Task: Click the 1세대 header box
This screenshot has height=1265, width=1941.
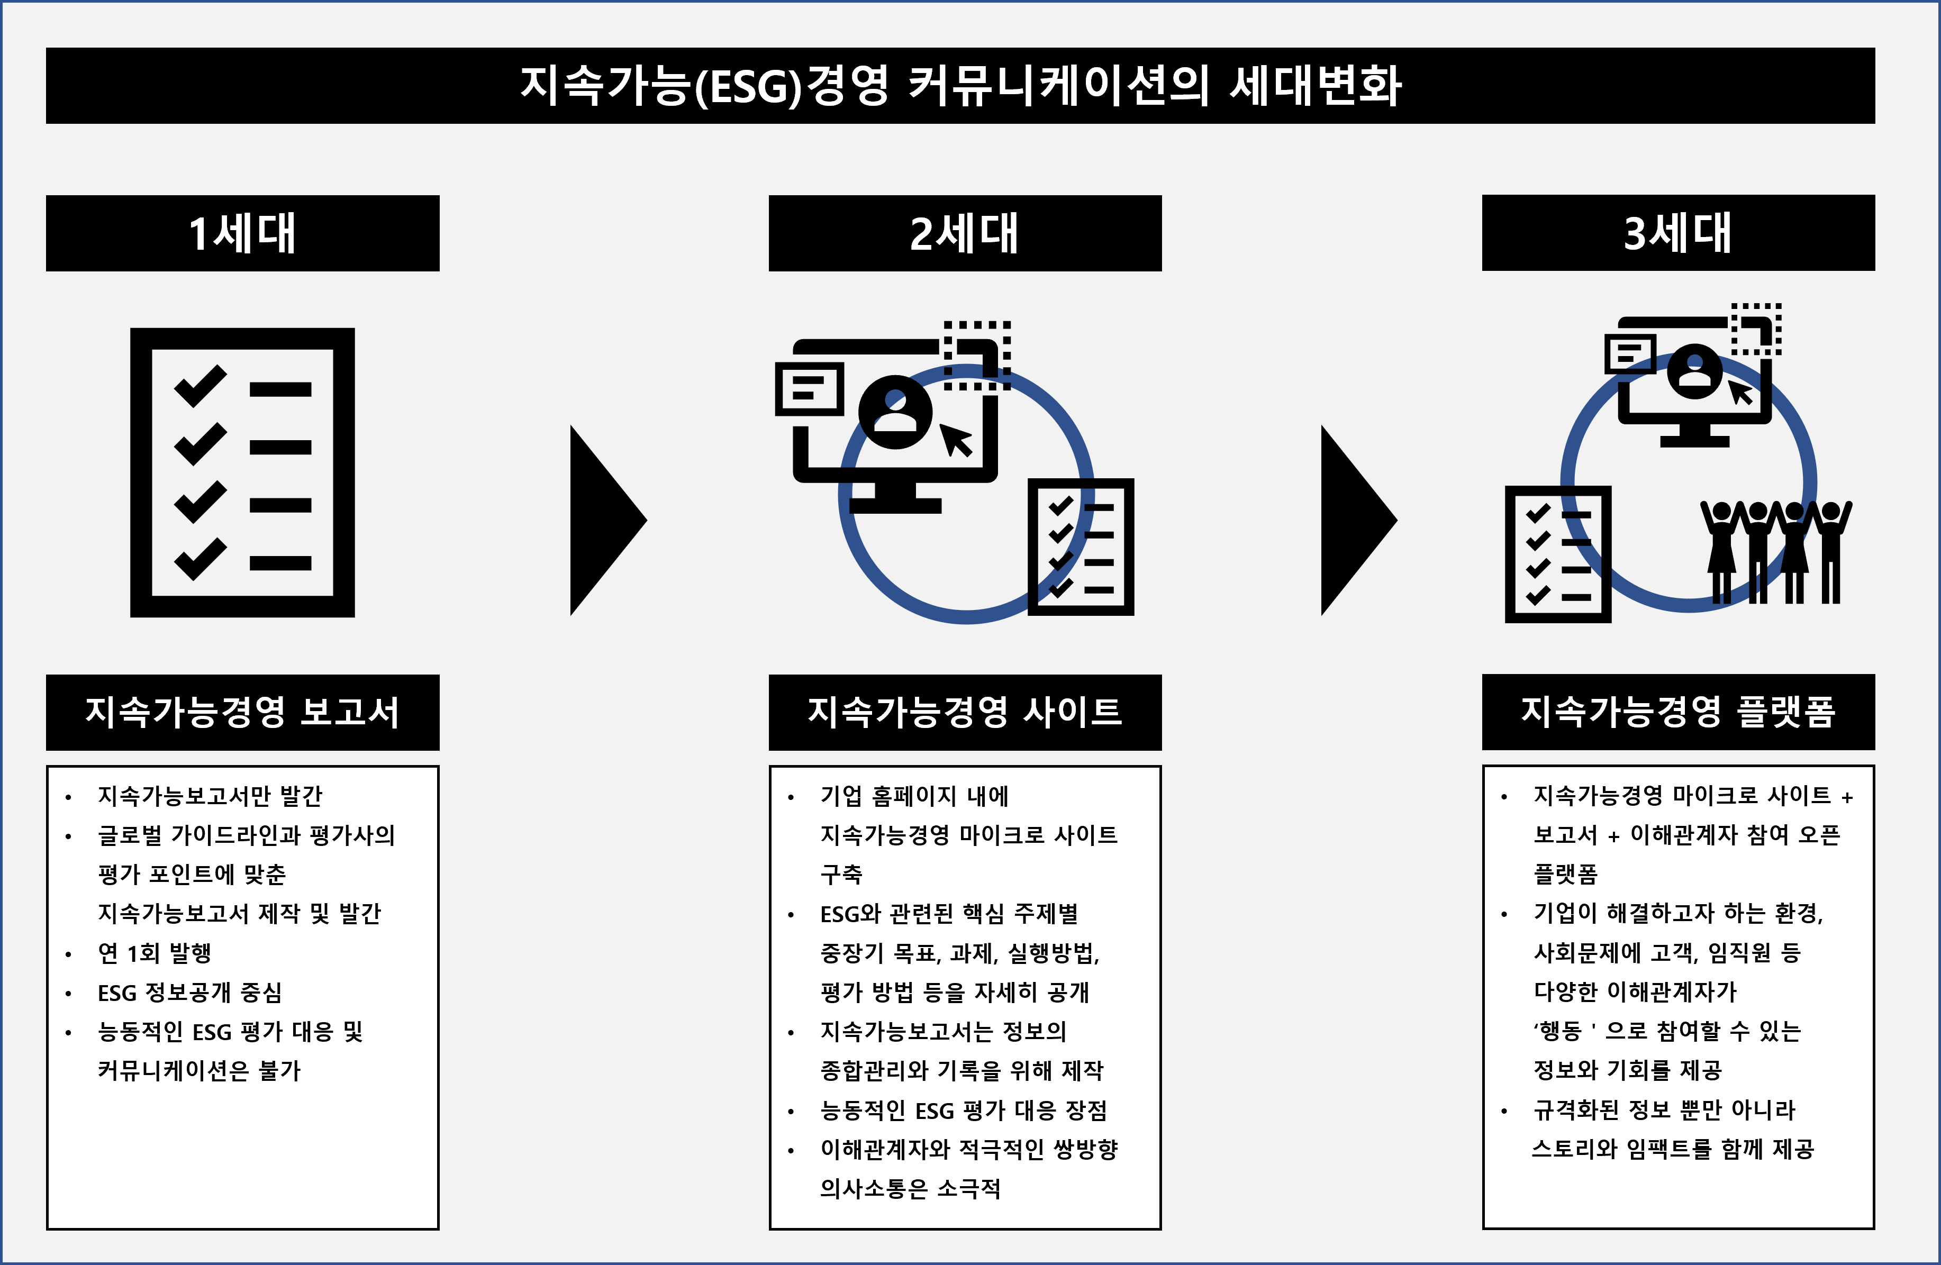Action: (x=242, y=233)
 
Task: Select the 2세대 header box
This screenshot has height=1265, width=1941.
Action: (x=965, y=233)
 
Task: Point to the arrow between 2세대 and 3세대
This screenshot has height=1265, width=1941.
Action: (x=1359, y=520)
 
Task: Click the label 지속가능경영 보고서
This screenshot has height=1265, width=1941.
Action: (x=242, y=712)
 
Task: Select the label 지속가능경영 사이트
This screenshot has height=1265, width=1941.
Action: (x=965, y=712)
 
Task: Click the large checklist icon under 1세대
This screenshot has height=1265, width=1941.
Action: (x=242, y=472)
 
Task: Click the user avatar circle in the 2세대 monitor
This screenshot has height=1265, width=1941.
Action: (x=895, y=412)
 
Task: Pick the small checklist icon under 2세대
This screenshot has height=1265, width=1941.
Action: (x=1081, y=547)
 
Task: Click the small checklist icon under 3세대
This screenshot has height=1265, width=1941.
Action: (x=1558, y=554)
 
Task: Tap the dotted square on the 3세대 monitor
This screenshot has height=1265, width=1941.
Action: (x=1756, y=330)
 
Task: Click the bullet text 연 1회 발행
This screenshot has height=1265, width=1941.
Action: (x=155, y=953)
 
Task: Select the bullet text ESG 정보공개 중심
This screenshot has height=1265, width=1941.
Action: (x=190, y=993)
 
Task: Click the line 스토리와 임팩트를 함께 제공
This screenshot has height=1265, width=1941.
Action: (x=1673, y=1149)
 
